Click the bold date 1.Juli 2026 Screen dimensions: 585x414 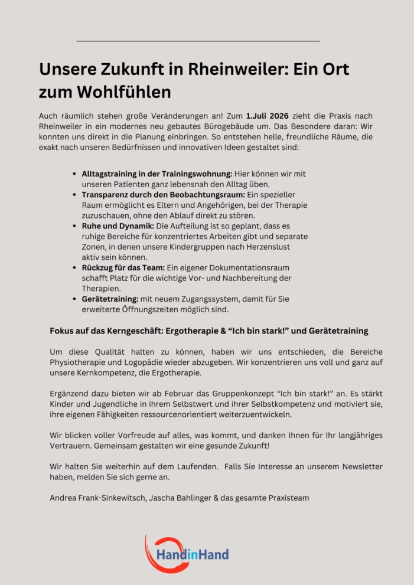[x=267, y=116]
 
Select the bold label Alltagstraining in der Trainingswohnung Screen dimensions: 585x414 [x=157, y=174]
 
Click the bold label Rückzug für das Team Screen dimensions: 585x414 [x=123, y=268]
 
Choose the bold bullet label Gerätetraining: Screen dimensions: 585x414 [x=110, y=299]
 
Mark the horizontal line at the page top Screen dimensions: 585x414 [x=198, y=41]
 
